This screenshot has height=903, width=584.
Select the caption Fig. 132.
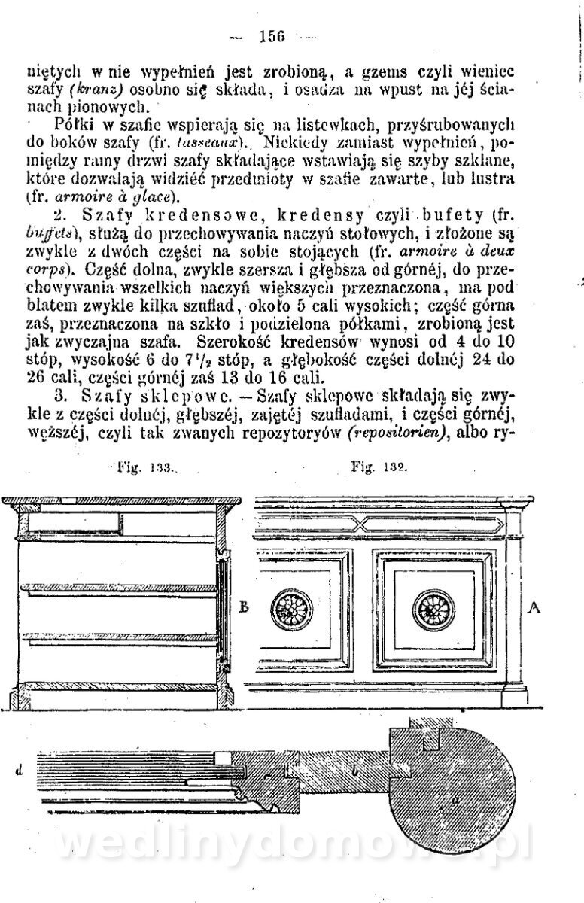coord(379,467)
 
